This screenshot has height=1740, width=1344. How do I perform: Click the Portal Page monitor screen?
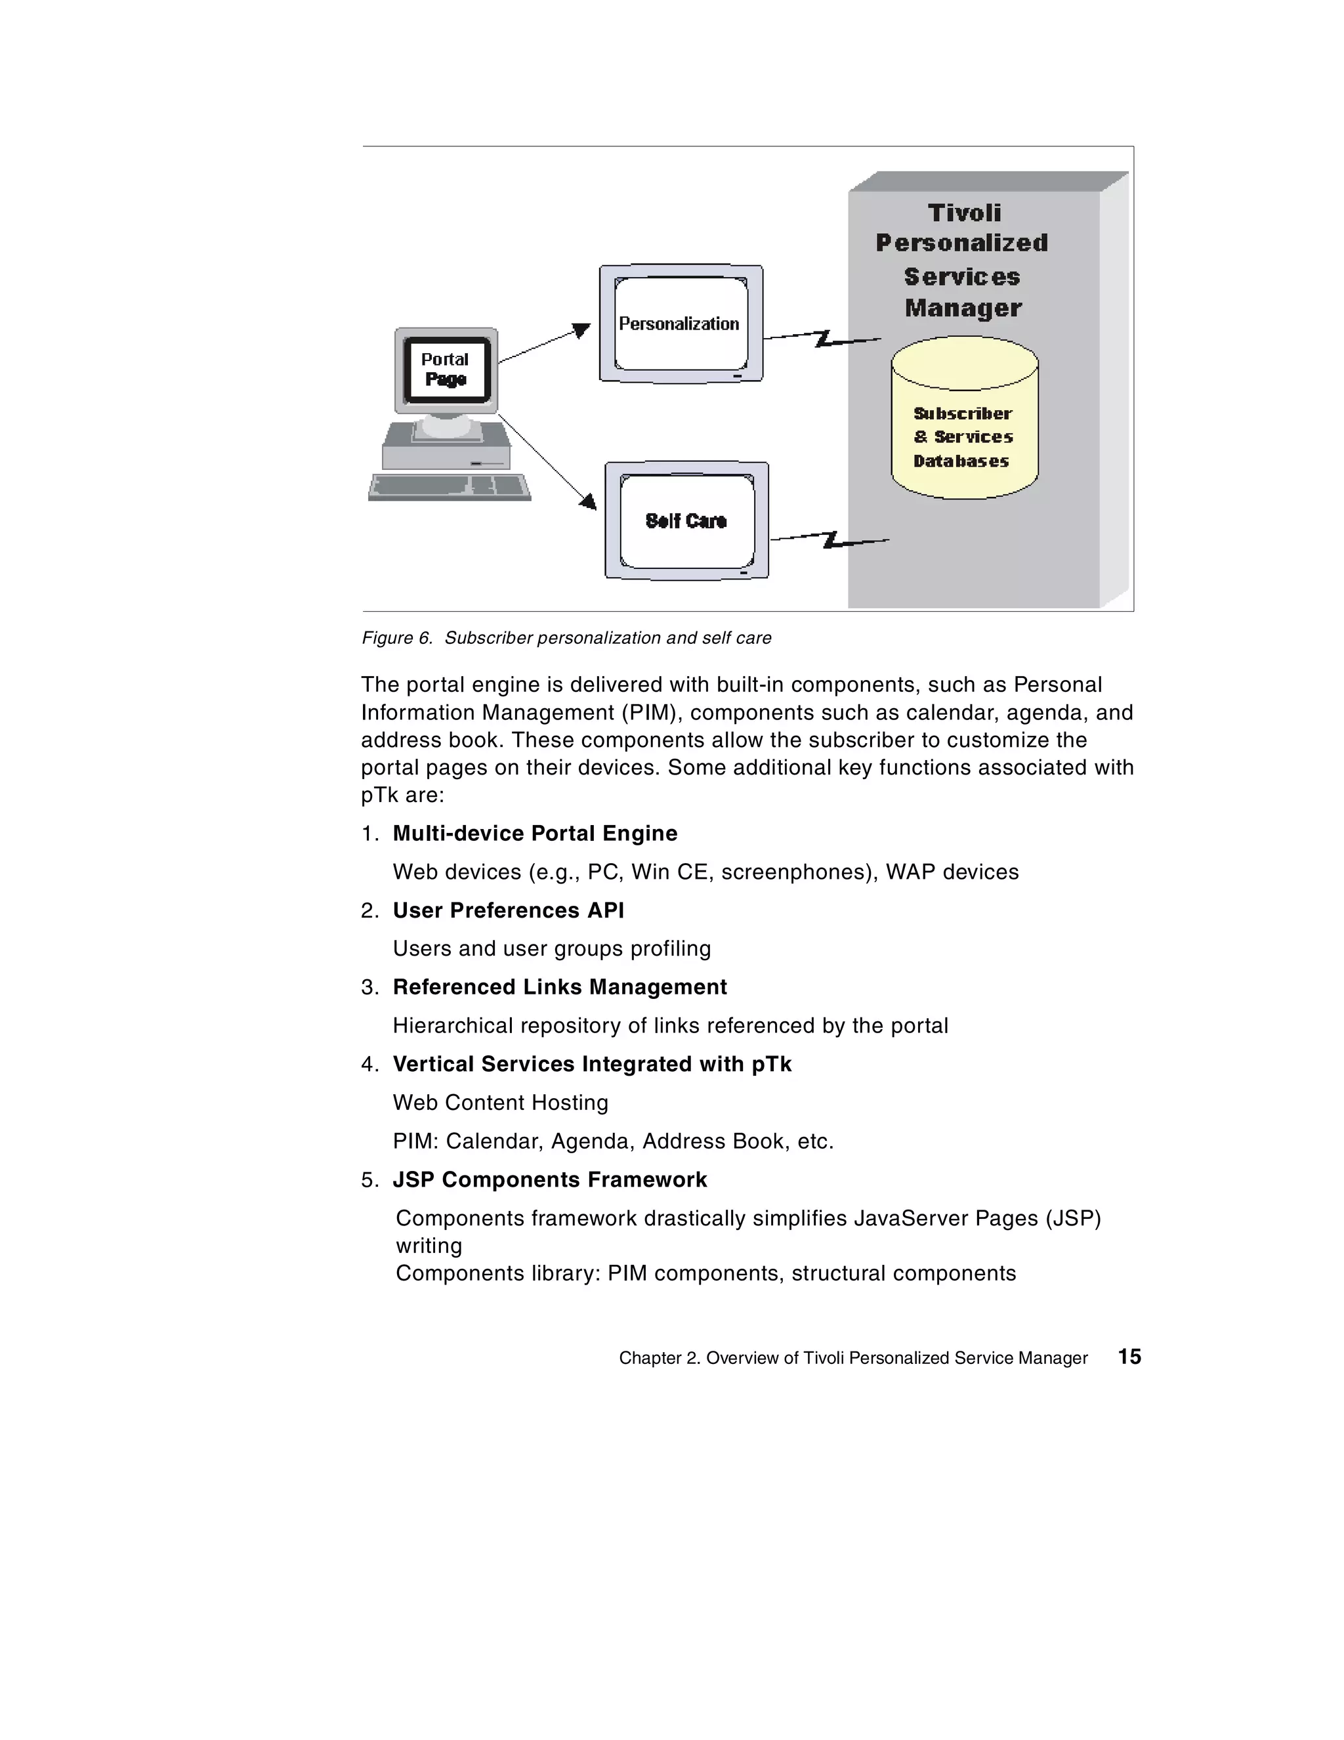tap(446, 370)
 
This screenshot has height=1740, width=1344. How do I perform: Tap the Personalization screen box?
tap(680, 324)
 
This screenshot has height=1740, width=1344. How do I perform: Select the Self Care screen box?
tap(686, 521)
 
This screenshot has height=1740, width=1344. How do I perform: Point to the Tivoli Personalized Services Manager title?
tap(962, 260)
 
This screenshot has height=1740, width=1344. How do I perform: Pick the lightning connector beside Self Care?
tap(830, 540)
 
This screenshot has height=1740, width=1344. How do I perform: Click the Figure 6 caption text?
tap(566, 638)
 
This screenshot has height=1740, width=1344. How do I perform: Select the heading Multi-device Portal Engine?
tap(535, 834)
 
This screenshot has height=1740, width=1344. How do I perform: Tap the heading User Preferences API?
tap(509, 910)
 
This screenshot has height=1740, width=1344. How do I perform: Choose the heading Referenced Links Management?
tap(559, 987)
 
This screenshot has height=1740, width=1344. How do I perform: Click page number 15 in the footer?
tap(1129, 1357)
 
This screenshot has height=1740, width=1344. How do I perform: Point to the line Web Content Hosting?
tap(500, 1103)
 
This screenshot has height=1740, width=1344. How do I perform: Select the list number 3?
tap(369, 988)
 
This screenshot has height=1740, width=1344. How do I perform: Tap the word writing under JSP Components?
tap(429, 1246)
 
